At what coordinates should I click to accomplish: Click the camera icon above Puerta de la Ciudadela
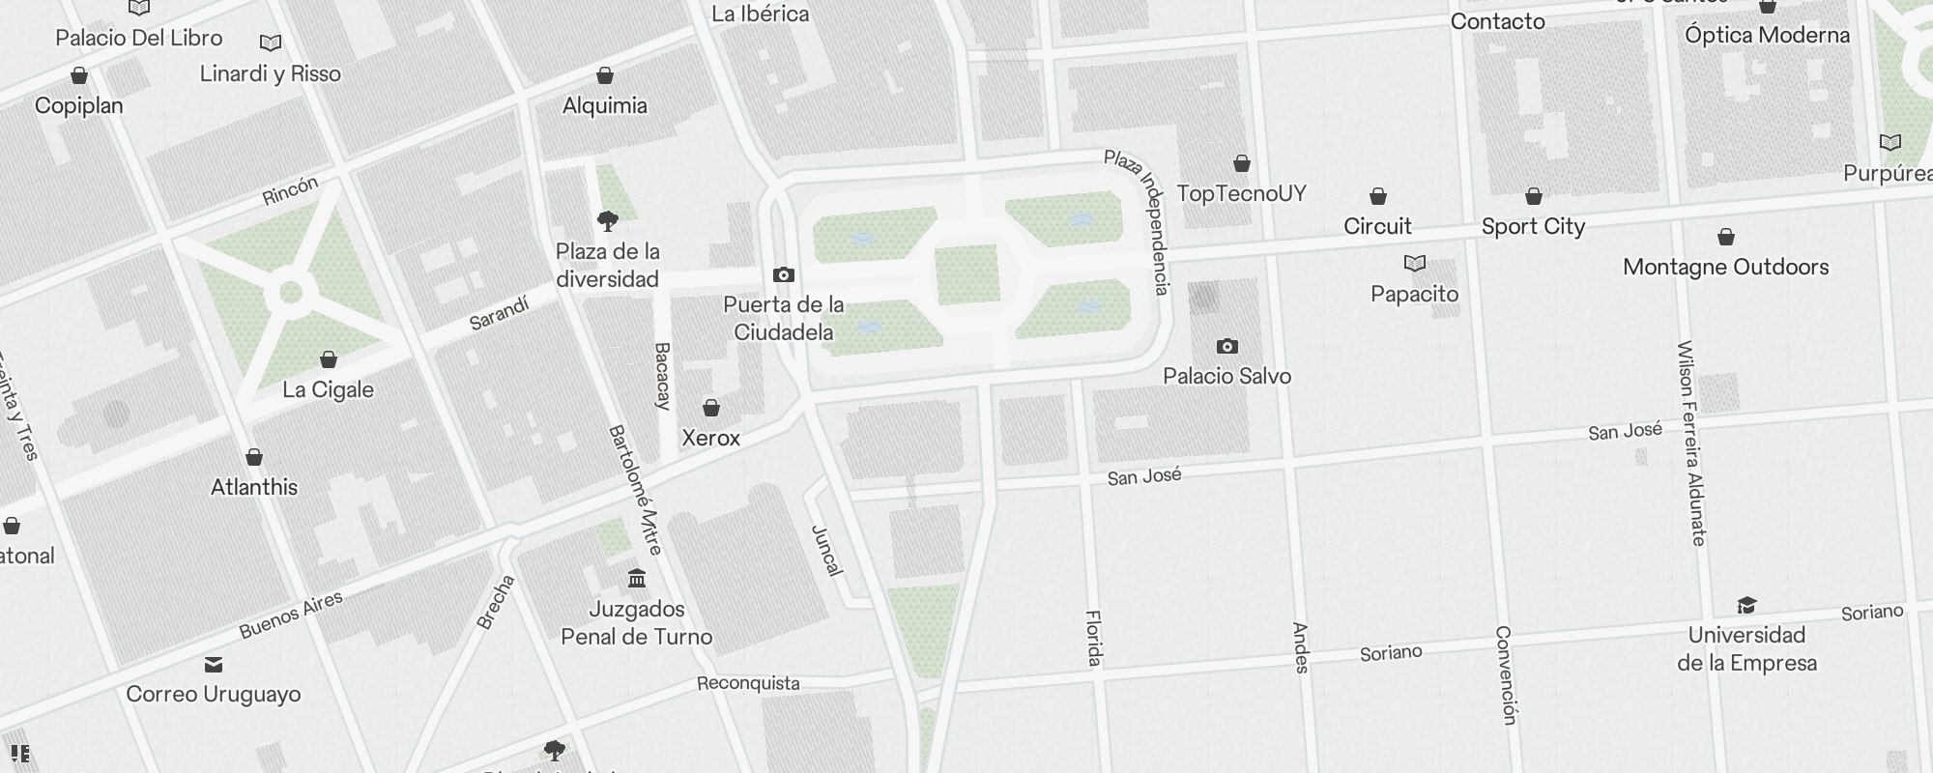pos(784,275)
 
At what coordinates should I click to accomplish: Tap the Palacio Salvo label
pos(1226,376)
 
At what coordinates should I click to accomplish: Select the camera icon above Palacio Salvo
pos(1226,346)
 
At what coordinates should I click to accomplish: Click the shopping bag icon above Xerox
pos(711,408)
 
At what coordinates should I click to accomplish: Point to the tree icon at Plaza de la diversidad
pos(608,221)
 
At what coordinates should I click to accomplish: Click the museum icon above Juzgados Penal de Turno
pos(637,579)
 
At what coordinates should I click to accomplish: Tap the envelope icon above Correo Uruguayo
pos(214,665)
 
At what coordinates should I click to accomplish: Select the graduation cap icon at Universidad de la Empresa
pos(1746,606)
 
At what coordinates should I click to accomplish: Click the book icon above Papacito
pos(1414,263)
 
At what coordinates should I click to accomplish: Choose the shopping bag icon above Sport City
pos(1533,196)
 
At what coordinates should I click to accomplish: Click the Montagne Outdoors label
pos(1725,267)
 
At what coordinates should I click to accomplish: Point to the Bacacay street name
pos(662,376)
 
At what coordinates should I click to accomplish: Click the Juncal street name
pos(826,550)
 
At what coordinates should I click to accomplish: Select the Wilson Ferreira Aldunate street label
pos(1691,444)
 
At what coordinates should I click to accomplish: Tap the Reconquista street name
pos(748,683)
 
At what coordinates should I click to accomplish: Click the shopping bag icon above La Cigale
pos(329,359)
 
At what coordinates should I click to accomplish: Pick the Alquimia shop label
pos(605,105)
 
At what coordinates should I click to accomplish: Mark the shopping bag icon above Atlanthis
pos(254,456)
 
